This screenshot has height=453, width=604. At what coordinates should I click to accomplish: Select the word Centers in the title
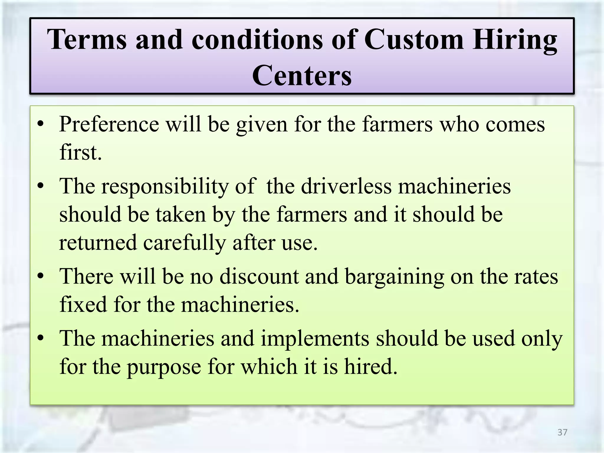(302, 75)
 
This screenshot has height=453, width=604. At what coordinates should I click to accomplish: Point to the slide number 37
(562, 432)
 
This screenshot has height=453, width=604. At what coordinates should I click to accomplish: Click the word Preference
(109, 124)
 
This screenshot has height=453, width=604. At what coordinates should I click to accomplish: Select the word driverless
(346, 186)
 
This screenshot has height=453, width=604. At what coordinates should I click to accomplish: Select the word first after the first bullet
(80, 152)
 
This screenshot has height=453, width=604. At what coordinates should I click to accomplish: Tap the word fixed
(83, 304)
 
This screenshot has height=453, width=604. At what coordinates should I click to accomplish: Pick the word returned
(98, 243)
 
